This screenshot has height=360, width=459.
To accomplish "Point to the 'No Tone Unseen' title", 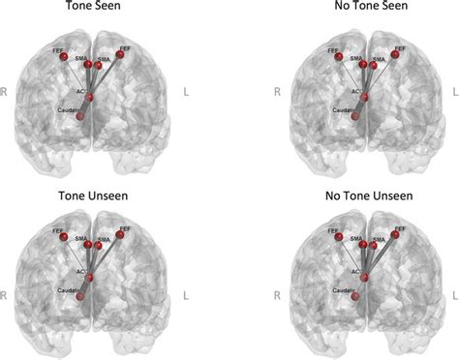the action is (x=366, y=195).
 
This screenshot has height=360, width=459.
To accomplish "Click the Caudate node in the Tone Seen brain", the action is (x=80, y=116).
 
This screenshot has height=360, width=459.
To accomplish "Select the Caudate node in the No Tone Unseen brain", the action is (x=356, y=297).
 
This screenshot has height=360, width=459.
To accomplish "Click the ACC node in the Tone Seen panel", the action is (x=89, y=97).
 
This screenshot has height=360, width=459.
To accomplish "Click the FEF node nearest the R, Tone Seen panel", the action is (x=66, y=59).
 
